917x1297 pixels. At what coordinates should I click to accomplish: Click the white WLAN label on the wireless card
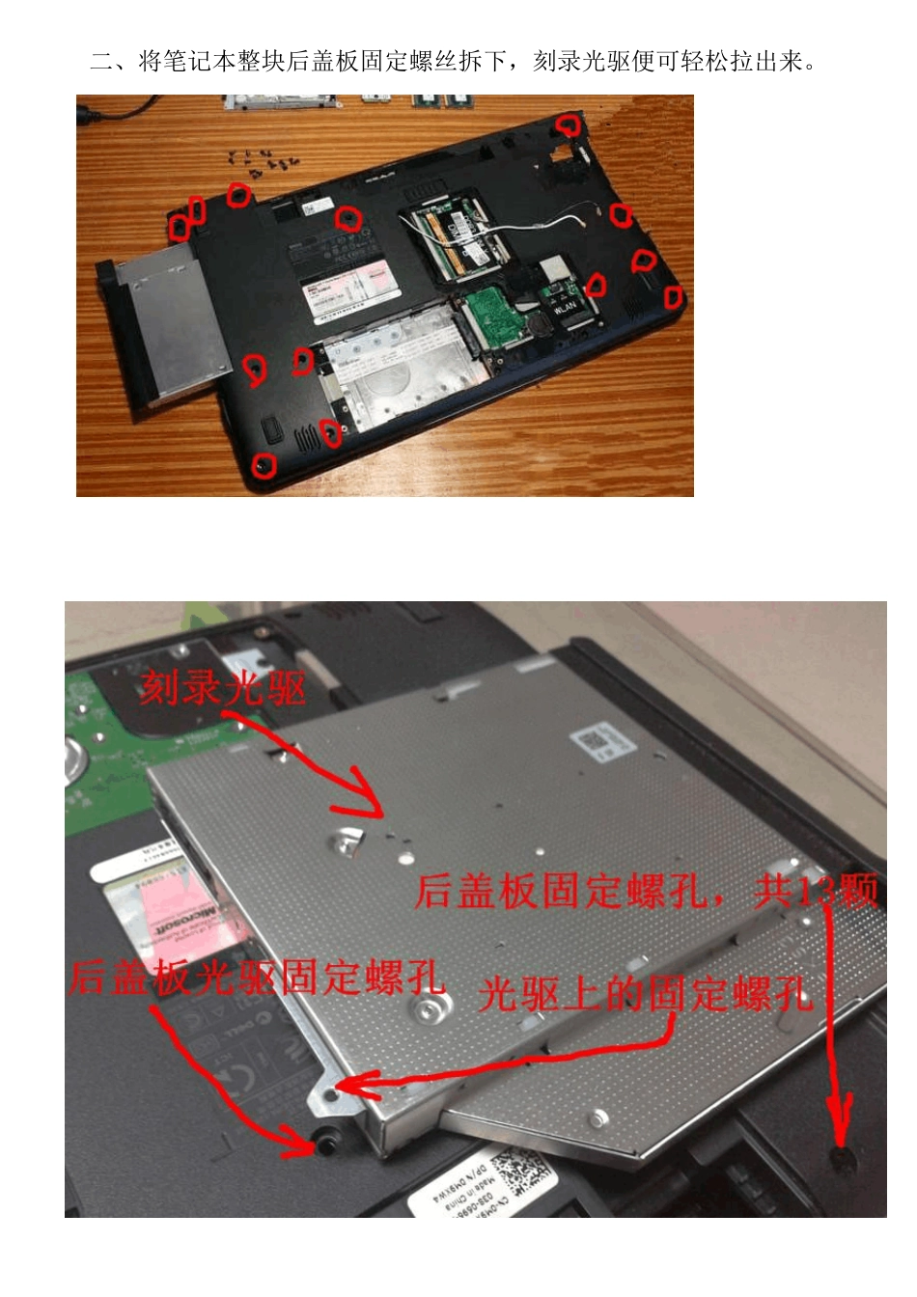[x=565, y=307]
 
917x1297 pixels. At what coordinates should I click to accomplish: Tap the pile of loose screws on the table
[x=262, y=162]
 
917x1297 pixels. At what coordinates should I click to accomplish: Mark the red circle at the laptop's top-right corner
[x=568, y=124]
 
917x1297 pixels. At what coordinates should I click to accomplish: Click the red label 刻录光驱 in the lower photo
[x=223, y=688]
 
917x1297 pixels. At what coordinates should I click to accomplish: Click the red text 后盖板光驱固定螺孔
[x=257, y=978]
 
